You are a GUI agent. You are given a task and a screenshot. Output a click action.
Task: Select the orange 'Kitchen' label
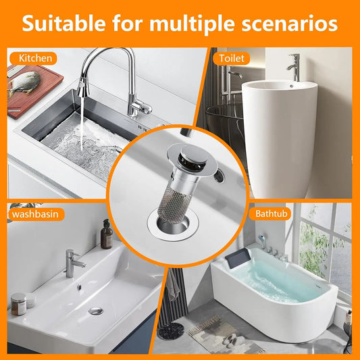coord(36,58)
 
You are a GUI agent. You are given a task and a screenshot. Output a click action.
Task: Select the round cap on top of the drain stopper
coord(175,146)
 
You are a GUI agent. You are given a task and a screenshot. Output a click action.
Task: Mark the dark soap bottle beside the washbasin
coord(106,235)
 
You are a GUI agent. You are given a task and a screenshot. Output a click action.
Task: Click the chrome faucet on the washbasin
coord(70,263)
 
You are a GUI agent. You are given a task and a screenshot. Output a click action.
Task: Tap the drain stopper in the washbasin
coord(96,311)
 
